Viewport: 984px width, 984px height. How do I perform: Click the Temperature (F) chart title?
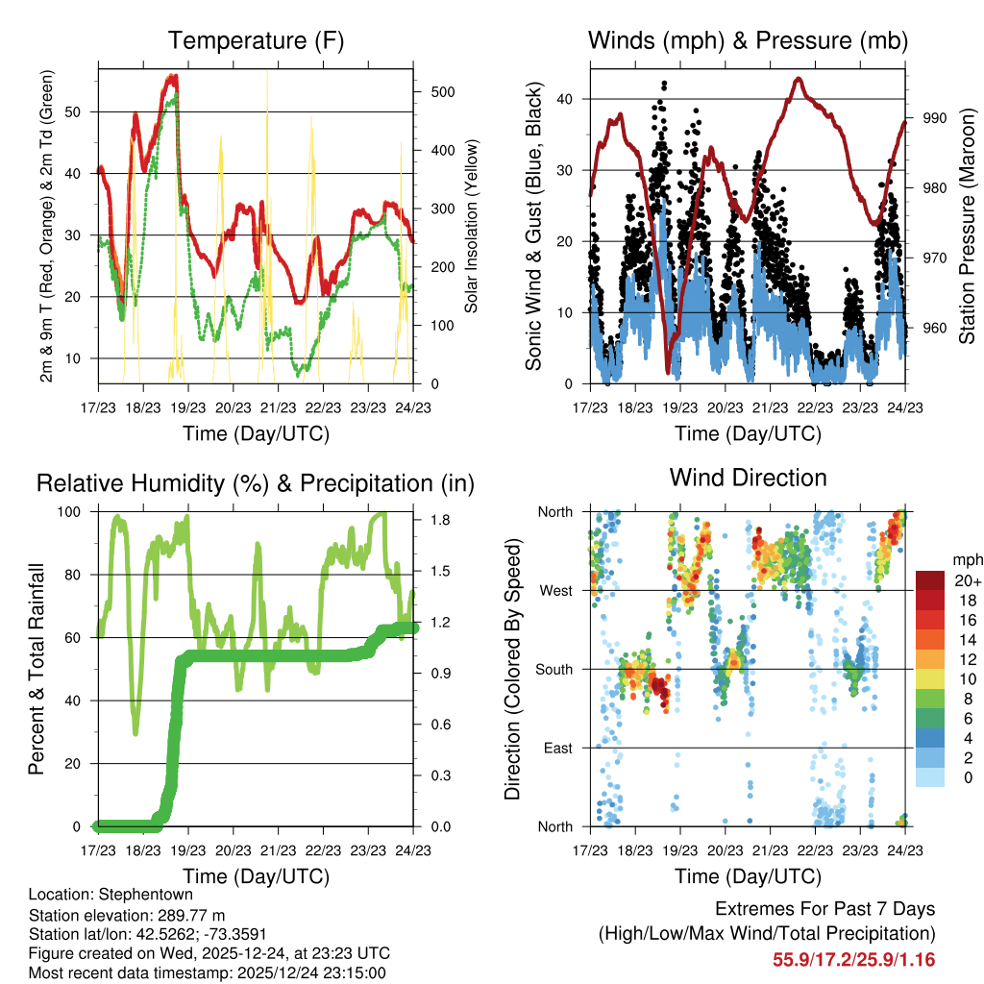click(255, 41)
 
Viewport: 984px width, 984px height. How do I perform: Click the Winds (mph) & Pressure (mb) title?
click(748, 41)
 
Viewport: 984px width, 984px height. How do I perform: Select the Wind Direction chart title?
click(748, 478)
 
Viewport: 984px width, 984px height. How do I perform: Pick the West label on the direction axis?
click(554, 590)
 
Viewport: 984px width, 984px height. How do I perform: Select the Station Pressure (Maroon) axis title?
click(967, 224)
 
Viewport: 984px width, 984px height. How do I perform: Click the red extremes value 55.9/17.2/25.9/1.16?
click(853, 959)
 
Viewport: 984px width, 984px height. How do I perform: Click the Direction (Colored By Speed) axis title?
click(512, 669)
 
